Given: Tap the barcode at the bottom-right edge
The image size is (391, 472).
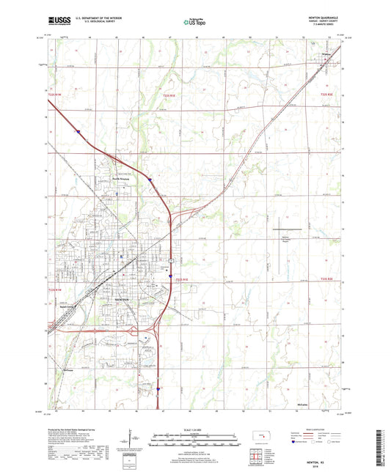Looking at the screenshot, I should [384, 448].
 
